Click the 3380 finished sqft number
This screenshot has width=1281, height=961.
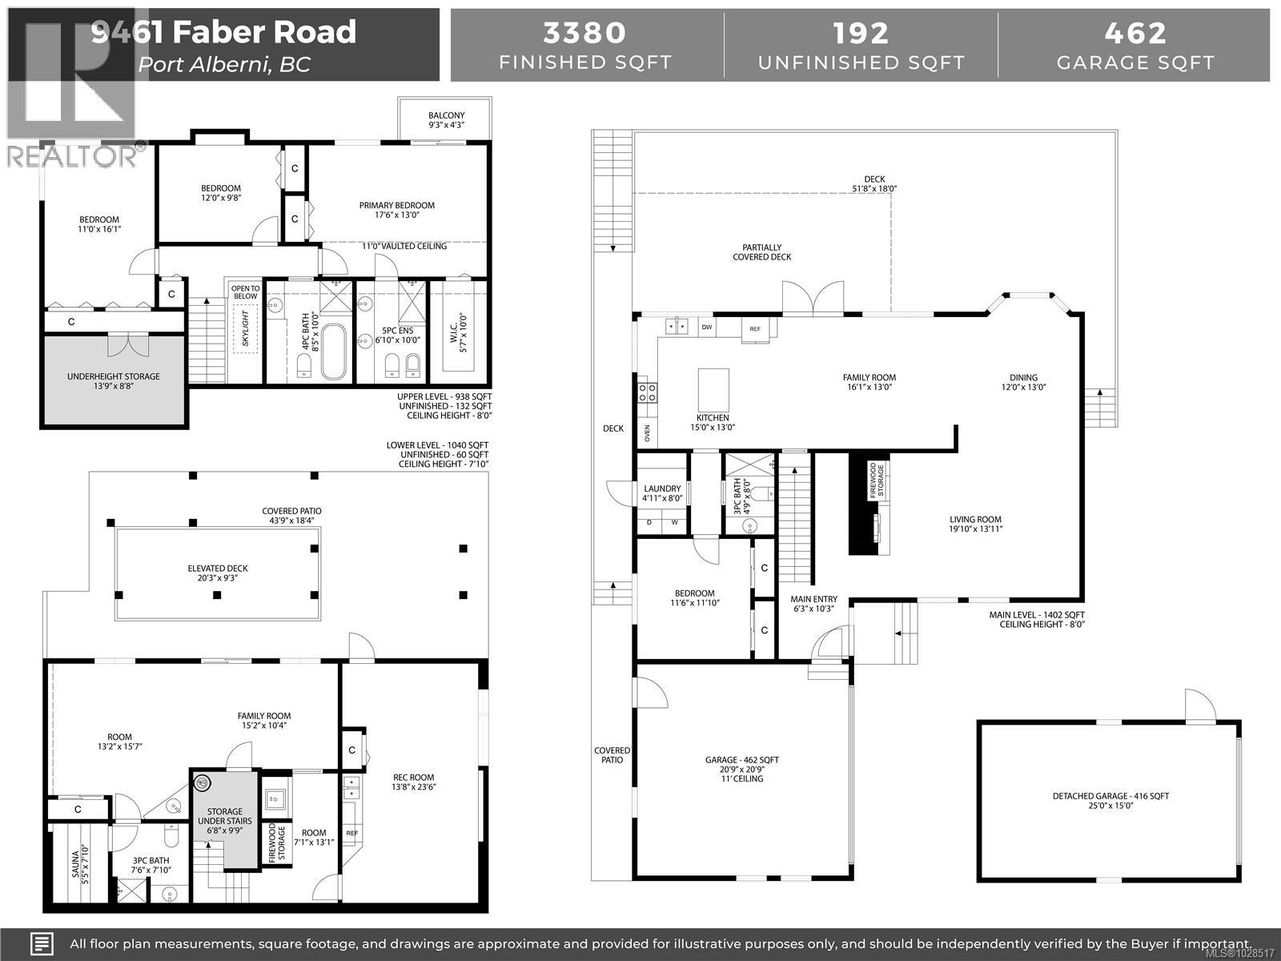tap(584, 33)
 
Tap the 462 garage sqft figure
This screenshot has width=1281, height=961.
tap(1134, 33)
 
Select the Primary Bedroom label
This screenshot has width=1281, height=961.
tap(396, 206)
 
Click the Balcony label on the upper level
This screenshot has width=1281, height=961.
tap(446, 116)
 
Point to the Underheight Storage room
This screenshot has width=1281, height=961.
tap(113, 376)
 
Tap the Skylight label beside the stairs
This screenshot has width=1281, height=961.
tap(246, 328)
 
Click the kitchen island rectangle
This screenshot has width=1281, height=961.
tap(713, 390)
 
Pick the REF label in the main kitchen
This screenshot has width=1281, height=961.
tap(755, 329)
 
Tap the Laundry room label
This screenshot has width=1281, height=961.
tap(662, 489)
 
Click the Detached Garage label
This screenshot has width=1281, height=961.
tap(1110, 796)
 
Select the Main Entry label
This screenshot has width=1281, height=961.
tap(813, 599)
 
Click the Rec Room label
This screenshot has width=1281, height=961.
tap(413, 777)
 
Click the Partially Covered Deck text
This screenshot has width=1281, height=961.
tap(761, 252)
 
